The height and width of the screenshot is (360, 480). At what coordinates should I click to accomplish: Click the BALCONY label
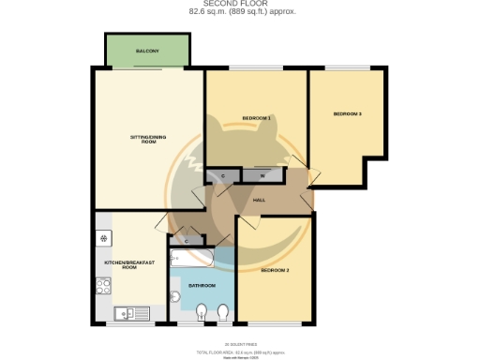click(146, 51)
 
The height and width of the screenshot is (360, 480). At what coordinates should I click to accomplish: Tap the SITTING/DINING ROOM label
click(147, 140)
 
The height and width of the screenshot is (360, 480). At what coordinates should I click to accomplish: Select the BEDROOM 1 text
click(256, 117)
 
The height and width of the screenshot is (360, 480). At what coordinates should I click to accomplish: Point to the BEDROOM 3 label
click(347, 114)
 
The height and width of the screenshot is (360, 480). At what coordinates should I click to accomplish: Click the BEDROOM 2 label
click(275, 270)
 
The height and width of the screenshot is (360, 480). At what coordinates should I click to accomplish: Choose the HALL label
click(263, 199)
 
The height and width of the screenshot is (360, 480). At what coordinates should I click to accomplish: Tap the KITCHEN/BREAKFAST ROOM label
click(123, 264)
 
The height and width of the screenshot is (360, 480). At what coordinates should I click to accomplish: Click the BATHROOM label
click(202, 285)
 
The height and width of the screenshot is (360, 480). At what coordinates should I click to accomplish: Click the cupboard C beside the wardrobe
click(223, 175)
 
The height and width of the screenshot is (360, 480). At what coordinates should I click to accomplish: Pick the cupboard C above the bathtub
click(187, 241)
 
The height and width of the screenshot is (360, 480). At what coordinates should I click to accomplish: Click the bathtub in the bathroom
click(192, 257)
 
